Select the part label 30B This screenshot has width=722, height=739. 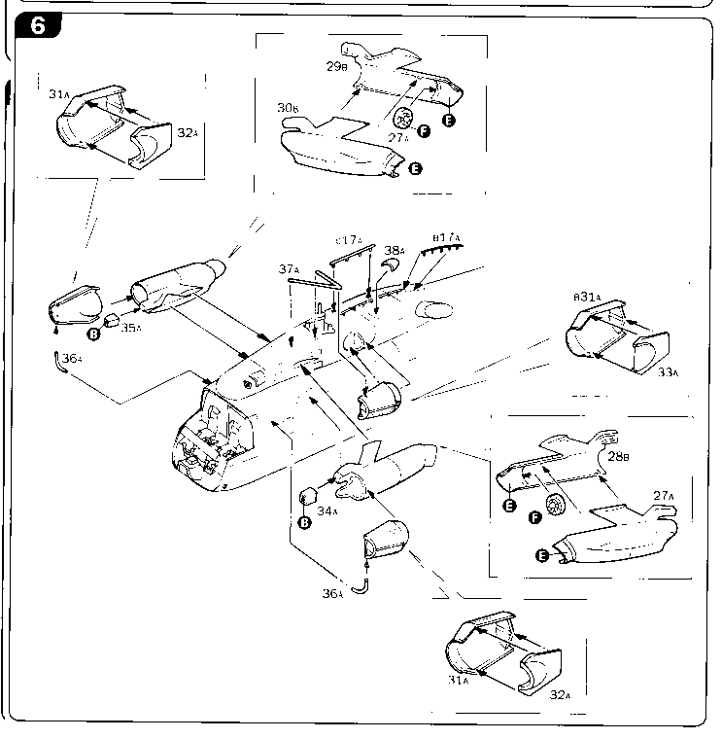coord(288,110)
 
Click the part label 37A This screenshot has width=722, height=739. coord(289,269)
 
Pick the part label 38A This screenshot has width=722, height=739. coord(395,250)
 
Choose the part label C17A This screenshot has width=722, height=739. coord(349,240)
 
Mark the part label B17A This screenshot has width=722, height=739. coord(446,237)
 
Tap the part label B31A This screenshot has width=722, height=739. coord(586,297)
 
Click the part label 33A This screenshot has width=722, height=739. coord(666,372)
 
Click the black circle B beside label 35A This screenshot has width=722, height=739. coord(94,334)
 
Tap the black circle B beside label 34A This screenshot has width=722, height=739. coord(304,522)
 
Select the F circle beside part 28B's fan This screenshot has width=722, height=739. coord(533,516)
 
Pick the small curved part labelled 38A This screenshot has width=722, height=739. coord(389,265)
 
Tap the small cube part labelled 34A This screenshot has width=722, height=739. coord(308,496)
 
